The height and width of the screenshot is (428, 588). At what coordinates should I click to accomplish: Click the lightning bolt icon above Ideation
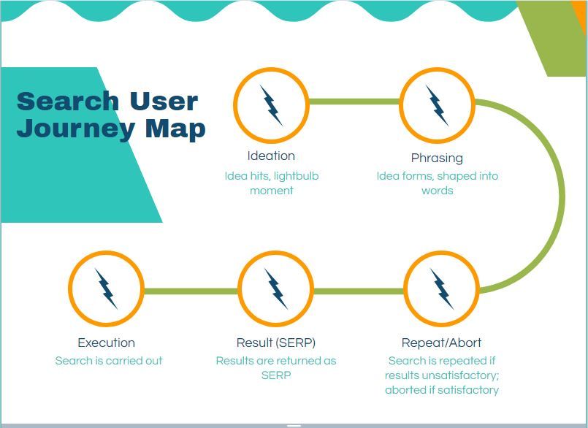(x=271, y=105)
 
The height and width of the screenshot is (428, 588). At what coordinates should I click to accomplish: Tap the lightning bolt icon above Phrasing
(x=437, y=105)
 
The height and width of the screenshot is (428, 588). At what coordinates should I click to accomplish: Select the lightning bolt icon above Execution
(x=106, y=288)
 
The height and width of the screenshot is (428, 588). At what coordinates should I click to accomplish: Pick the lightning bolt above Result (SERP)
(x=275, y=288)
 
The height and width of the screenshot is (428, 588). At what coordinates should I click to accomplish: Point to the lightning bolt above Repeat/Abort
(x=442, y=288)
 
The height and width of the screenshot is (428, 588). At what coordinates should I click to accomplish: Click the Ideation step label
(x=271, y=156)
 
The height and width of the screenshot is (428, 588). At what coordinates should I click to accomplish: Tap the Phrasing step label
(x=437, y=158)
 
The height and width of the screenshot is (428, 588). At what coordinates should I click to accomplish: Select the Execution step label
(x=107, y=343)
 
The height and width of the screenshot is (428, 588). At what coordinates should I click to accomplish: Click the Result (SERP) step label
(x=276, y=343)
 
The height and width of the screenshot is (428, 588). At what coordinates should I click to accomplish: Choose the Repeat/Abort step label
(x=441, y=343)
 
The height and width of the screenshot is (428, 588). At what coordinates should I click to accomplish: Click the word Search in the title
(x=68, y=101)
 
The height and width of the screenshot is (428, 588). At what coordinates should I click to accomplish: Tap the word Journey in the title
(x=76, y=129)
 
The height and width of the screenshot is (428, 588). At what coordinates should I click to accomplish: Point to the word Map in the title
(x=175, y=129)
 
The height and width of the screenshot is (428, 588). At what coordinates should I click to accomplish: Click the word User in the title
(x=164, y=101)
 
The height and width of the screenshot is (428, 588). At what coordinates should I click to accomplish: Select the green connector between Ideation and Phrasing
(x=354, y=102)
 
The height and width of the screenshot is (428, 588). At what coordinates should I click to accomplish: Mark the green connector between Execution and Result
(x=191, y=291)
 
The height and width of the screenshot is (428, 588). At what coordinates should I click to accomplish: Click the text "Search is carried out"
(x=109, y=361)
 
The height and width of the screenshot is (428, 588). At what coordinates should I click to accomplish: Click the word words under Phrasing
(x=438, y=191)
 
